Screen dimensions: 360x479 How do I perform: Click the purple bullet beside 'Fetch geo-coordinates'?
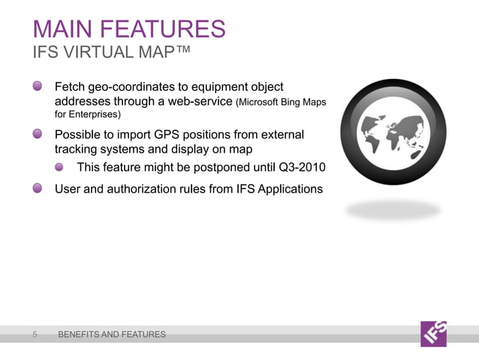pyautogui.click(x=38, y=86)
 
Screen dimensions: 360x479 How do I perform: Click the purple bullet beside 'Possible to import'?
pyautogui.click(x=38, y=134)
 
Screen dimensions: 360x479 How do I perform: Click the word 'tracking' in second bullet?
pyautogui.click(x=78, y=149)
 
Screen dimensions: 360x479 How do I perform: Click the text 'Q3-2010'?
pyautogui.click(x=300, y=167)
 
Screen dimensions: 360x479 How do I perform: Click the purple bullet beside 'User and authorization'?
pyautogui.click(x=38, y=188)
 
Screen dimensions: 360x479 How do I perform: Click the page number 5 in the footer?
pyautogui.click(x=35, y=334)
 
